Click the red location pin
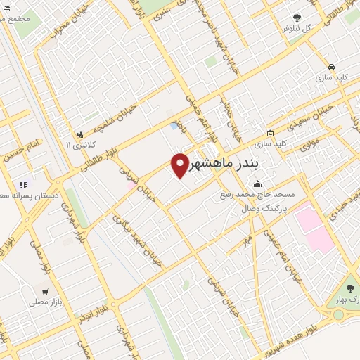click(x=180, y=165)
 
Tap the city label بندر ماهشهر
click(x=224, y=164)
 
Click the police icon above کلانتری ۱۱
click(x=82, y=133)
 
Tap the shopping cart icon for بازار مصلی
click(x=46, y=291)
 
